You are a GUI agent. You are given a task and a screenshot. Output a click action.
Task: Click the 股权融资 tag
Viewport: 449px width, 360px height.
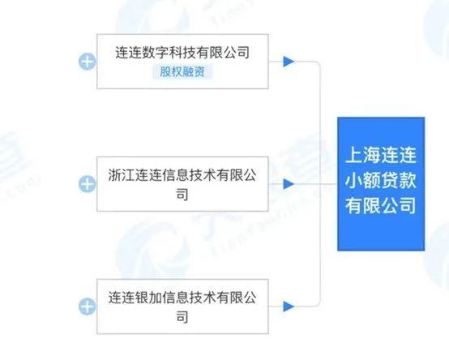pyautogui.click(x=182, y=71)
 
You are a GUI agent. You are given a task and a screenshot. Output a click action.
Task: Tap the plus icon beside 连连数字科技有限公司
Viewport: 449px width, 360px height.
pyautogui.click(x=87, y=62)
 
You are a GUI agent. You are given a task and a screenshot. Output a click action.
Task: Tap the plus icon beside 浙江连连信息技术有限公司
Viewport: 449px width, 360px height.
pyautogui.click(x=87, y=184)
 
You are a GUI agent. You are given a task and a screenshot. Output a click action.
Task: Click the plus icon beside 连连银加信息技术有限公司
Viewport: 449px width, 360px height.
pyautogui.click(x=87, y=306)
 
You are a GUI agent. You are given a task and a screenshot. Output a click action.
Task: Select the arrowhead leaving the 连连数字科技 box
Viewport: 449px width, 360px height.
pyautogui.click(x=289, y=62)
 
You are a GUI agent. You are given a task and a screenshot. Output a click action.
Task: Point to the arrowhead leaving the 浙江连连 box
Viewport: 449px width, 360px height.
pyautogui.click(x=289, y=184)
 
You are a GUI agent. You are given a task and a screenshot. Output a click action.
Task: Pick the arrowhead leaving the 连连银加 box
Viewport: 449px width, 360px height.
pyautogui.click(x=289, y=306)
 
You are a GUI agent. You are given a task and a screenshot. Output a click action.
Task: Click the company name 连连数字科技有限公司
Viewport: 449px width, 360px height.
pyautogui.click(x=182, y=53)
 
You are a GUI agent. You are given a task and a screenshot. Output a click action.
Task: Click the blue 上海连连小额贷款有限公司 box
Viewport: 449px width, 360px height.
pyautogui.click(x=381, y=184)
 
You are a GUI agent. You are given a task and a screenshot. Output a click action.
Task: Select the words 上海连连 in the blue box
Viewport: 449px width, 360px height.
pyautogui.click(x=381, y=155)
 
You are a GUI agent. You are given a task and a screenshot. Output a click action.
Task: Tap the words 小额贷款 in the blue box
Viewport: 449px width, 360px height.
pyautogui.click(x=381, y=181)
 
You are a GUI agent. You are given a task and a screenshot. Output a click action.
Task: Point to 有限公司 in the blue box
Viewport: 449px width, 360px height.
pyautogui.click(x=381, y=206)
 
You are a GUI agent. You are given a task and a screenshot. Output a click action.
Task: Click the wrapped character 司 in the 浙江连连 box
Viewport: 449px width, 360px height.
pyautogui.click(x=182, y=194)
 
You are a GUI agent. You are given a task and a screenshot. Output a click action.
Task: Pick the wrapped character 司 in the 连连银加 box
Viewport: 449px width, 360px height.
pyautogui.click(x=182, y=317)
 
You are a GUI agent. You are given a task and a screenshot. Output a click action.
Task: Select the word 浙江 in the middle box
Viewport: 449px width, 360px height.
pyautogui.click(x=122, y=175)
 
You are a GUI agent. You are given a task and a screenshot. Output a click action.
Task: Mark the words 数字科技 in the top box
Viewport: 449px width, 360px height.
pyautogui.click(x=169, y=53)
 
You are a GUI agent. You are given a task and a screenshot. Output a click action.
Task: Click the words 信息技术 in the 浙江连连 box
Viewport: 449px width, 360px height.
pyautogui.click(x=189, y=175)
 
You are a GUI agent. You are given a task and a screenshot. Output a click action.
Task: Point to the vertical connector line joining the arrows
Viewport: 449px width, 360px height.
pyautogui.click(x=320, y=184)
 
